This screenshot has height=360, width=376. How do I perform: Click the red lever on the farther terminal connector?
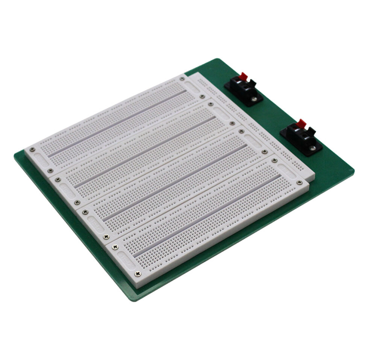(x=243, y=76)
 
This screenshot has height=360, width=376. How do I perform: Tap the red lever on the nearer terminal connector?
(x=301, y=123)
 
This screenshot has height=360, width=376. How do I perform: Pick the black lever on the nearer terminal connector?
(x=311, y=131)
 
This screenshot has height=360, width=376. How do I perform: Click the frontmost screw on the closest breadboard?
(x=138, y=273)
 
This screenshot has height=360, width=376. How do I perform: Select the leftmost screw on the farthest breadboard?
(x=32, y=149)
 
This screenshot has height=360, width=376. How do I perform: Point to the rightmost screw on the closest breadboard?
(x=299, y=183)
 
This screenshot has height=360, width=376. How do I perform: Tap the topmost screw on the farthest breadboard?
(x=182, y=79)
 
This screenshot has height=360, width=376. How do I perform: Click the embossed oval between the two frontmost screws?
(x=126, y=260)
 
